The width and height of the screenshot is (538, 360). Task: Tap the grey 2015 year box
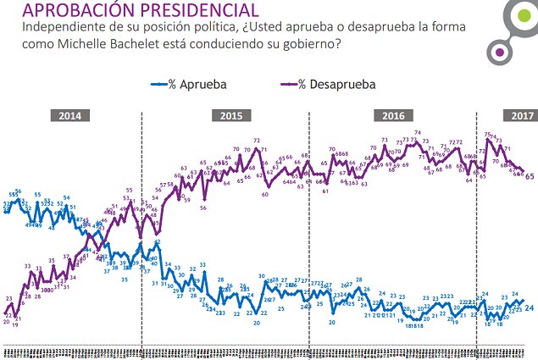231,116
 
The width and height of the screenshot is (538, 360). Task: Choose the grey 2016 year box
393,116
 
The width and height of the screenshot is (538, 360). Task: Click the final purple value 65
530,176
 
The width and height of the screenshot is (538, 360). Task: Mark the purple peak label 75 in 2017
488,134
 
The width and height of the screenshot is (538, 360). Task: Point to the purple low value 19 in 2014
16,324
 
